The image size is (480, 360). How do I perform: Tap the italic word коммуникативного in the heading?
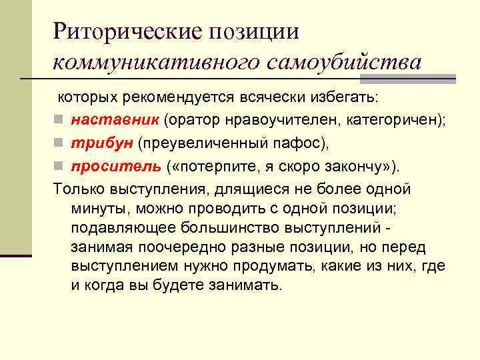pyautogui.click(x=158, y=62)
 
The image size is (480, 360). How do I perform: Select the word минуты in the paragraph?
pyautogui.click(x=97, y=208)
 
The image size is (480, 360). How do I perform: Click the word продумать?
pyautogui.click(x=283, y=266)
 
